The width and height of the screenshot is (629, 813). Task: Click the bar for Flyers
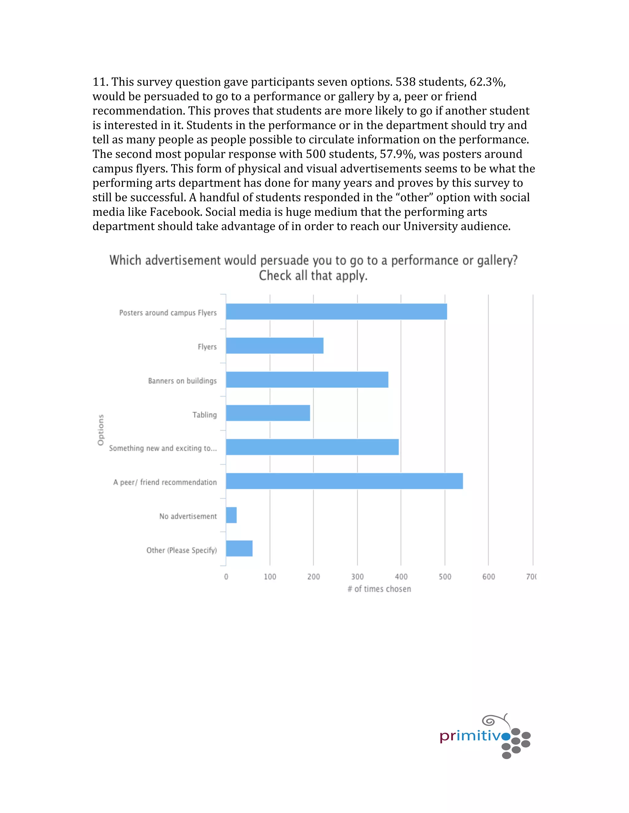275,345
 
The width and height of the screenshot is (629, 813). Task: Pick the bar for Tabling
268,413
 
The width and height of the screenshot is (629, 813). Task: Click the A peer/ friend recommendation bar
344,481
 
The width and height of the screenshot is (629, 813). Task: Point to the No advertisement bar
231,515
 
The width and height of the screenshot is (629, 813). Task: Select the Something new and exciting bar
312,447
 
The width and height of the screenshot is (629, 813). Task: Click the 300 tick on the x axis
357,577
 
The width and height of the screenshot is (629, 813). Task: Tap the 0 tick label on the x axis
226,577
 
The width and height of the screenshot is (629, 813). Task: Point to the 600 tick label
489,577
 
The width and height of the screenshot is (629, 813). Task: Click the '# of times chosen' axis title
379,589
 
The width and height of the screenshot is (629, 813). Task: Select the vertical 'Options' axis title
101,430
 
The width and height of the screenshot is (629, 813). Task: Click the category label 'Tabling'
204,415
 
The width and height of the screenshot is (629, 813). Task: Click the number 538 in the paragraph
405,82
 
